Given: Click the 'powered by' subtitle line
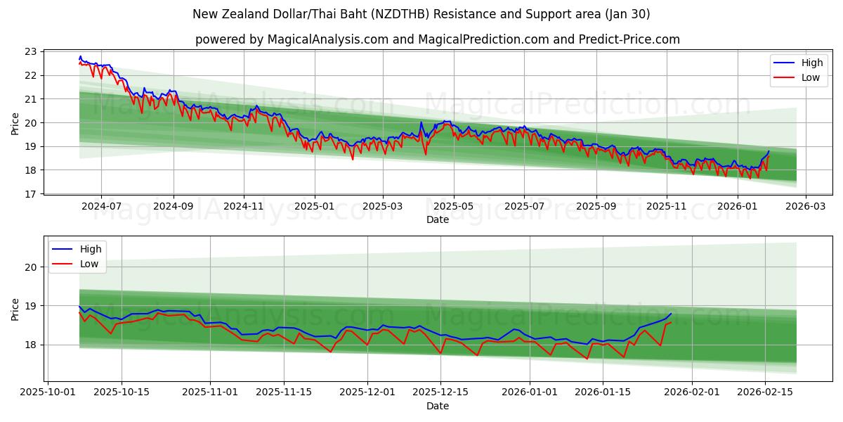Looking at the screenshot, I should pos(437,39).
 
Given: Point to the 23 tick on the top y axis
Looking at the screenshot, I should pos(30,51).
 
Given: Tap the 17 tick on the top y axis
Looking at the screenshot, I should pos(30,193).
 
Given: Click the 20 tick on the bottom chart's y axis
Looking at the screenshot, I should pos(30,267).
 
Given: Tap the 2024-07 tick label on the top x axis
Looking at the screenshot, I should pos(101,207).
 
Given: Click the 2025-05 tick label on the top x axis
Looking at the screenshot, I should pos(453,207).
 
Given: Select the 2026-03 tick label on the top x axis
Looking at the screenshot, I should pos(805,207).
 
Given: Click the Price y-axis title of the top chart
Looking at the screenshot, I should pos(15,122).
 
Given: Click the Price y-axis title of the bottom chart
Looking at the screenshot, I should pos(15,309).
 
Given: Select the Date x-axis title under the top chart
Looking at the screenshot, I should pos(437,220).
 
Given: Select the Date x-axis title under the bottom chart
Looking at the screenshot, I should pos(437,407).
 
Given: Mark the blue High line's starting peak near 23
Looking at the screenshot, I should pos(80,56).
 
